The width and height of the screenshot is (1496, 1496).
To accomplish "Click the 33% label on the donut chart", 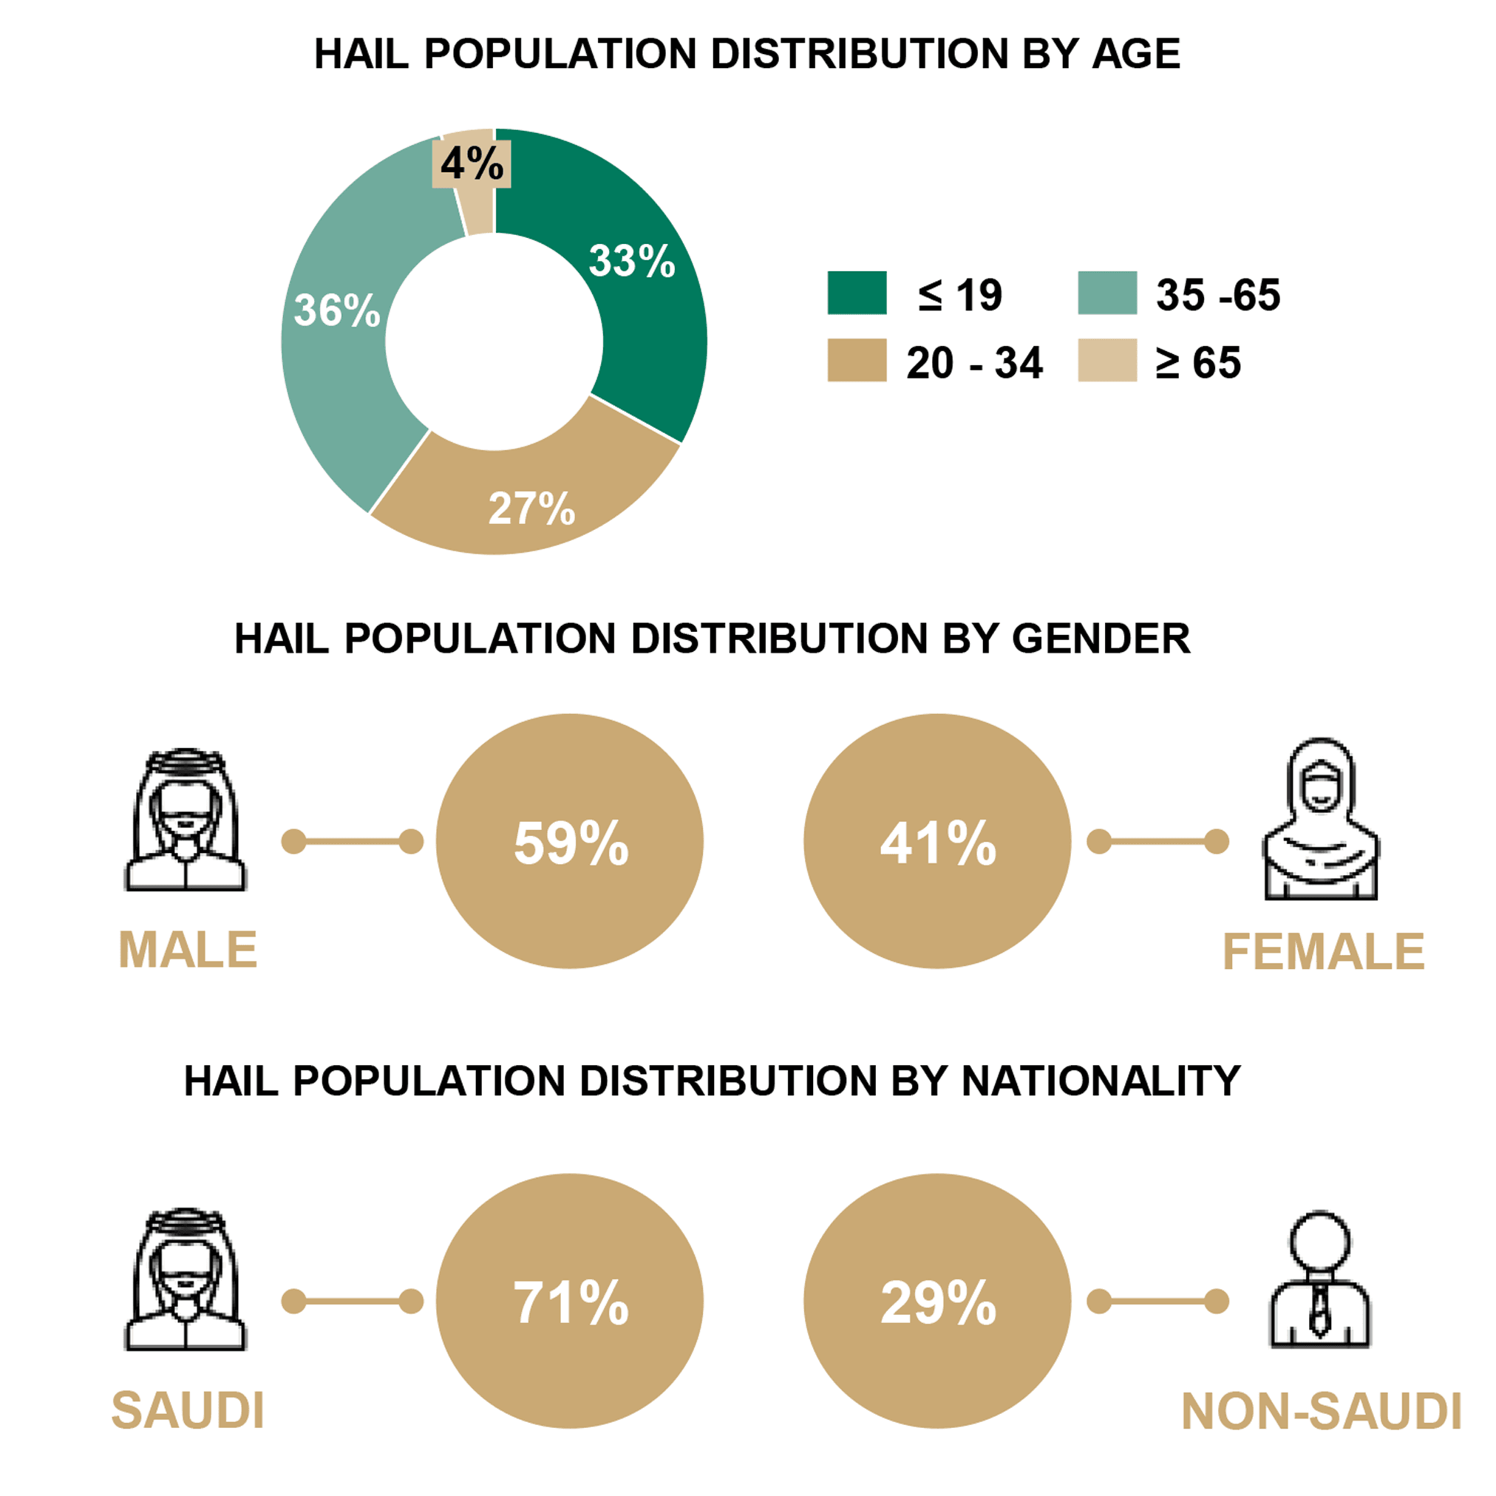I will tap(631, 260).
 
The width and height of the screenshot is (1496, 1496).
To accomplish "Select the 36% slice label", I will tap(337, 310).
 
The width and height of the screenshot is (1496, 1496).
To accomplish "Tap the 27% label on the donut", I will tap(531, 509).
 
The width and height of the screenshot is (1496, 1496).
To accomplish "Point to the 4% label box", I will tap(471, 163).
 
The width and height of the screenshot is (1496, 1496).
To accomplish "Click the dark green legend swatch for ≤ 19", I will tap(857, 293).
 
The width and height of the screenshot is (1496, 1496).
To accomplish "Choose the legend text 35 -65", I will tap(1217, 295).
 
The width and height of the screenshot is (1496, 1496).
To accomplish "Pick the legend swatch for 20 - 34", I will tap(857, 360).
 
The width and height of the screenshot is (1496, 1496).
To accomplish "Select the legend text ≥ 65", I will tap(1198, 362).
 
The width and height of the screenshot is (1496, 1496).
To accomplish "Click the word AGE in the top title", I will tap(1136, 54).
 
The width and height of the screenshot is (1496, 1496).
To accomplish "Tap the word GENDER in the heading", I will tap(1101, 639).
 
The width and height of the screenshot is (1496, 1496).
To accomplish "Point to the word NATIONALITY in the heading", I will tap(1101, 1081).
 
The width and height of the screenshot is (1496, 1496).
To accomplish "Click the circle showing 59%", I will tap(570, 842).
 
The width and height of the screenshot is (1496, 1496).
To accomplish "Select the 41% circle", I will tap(937, 842).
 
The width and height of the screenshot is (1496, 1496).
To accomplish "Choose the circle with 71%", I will tap(570, 1302).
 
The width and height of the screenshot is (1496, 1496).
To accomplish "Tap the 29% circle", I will tap(937, 1302).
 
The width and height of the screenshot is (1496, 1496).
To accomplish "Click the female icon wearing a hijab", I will tap(1321, 819).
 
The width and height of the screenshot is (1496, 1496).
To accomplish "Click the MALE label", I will tap(188, 950).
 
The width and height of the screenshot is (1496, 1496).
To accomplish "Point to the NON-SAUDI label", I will tap(1321, 1412).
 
